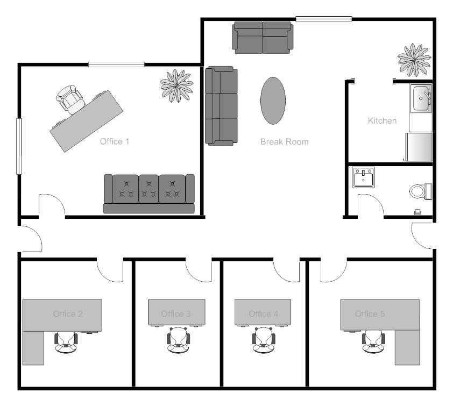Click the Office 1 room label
click(x=115, y=142)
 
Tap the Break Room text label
click(x=284, y=142)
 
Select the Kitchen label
click(x=382, y=121)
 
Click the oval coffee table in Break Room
click(x=274, y=101)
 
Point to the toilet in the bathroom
click(x=420, y=191)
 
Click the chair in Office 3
click(x=178, y=340)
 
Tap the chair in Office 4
click(x=264, y=340)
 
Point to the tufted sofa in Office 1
click(x=149, y=194)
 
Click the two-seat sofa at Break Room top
click(x=263, y=37)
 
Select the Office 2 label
click(x=67, y=314)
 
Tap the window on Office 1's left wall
click(x=20, y=146)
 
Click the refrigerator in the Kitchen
click(x=418, y=148)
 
